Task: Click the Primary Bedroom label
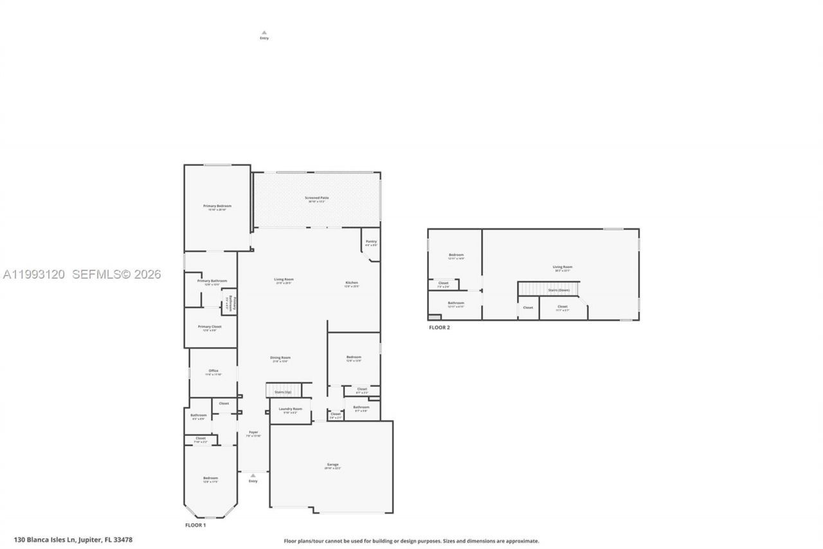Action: point(217,206)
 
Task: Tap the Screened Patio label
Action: point(317,198)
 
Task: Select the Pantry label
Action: point(371,241)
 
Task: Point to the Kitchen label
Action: point(352,283)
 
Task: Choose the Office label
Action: point(213,371)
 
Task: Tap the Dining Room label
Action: point(280,358)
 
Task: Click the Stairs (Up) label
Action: point(283,392)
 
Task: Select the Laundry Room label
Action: point(290,409)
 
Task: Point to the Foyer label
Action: point(253,433)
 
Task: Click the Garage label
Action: point(332,465)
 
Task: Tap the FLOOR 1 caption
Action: point(195,525)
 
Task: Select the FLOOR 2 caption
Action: point(440,328)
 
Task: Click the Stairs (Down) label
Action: point(559,290)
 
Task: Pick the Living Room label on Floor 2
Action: point(563,267)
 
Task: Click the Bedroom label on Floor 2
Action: point(456,255)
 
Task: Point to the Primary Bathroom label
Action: point(212,281)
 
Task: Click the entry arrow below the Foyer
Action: point(253,476)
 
